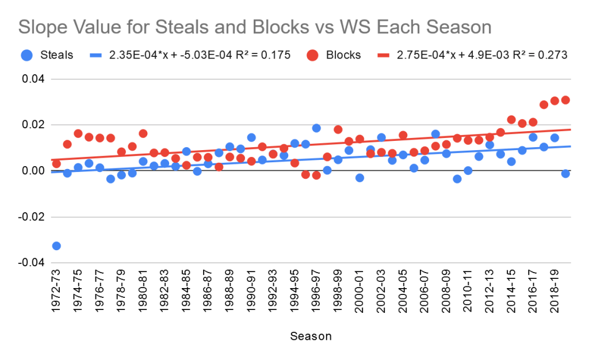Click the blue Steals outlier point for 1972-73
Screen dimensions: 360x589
[x=56, y=246]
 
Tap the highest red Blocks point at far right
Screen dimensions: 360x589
[x=565, y=100]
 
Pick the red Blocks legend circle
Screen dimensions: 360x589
[x=312, y=55]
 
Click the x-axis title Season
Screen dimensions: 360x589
[x=311, y=336]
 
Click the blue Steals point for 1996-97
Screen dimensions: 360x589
[x=316, y=128]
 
